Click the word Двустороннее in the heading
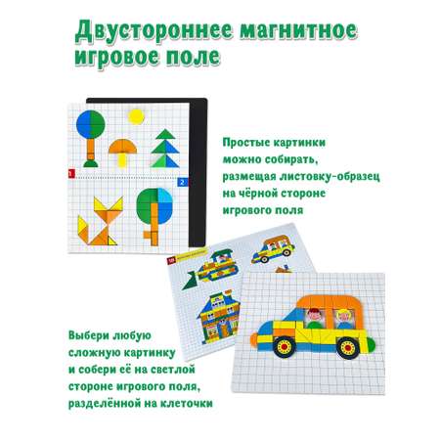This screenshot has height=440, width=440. [x=154, y=31]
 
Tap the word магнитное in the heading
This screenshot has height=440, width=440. [x=299, y=31]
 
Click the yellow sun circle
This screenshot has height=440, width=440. [x=136, y=116]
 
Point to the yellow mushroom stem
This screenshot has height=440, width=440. [x=122, y=159]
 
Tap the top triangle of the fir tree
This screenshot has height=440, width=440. [x=165, y=134]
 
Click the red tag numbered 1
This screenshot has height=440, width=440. [x=71, y=174]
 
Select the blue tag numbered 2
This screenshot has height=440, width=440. [x=182, y=182]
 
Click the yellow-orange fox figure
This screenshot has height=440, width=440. [x=101, y=221]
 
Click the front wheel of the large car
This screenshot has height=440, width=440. [x=284, y=346]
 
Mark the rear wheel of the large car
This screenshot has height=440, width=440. [x=348, y=348]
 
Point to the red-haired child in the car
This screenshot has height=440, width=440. [x=315, y=318]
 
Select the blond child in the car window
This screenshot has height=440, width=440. [x=344, y=319]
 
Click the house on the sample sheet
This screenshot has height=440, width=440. [x=218, y=317]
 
